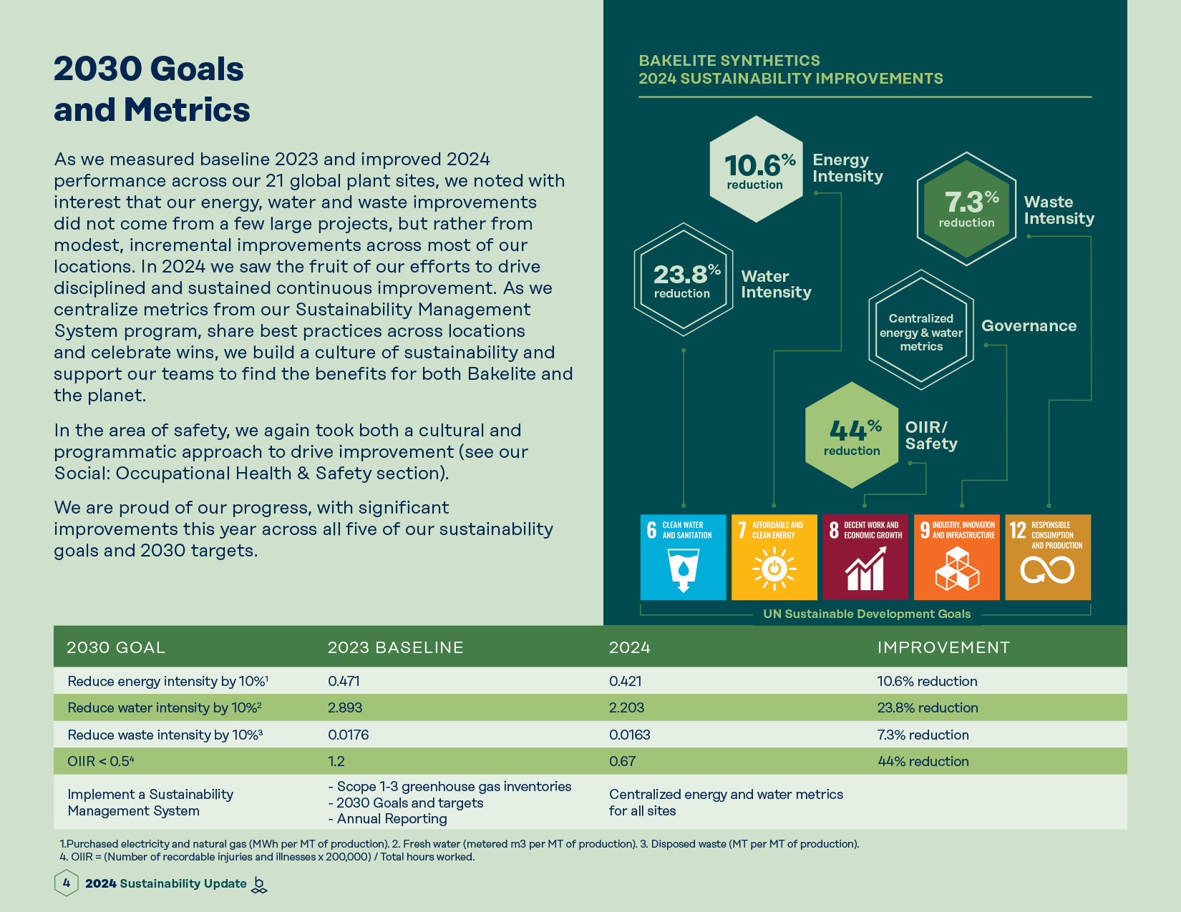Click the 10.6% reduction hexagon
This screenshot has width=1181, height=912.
[x=757, y=170]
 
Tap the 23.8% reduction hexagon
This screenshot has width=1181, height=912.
[x=684, y=280]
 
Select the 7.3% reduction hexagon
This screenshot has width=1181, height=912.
[x=967, y=208]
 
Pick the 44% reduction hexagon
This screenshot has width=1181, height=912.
[x=852, y=435]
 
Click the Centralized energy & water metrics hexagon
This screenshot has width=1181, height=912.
[x=921, y=330]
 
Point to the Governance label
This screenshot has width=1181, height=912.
[x=1029, y=326]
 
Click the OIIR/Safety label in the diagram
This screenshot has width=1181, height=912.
[x=930, y=436]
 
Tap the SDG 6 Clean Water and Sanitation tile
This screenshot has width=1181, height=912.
[x=683, y=557]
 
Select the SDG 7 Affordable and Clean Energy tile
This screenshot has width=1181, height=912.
[x=774, y=557]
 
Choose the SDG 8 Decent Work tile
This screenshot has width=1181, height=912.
[x=865, y=557]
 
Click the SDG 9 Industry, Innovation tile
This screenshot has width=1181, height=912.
[x=957, y=557]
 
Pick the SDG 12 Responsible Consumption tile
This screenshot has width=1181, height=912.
[x=1048, y=557]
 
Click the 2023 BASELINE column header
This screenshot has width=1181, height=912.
[x=395, y=647]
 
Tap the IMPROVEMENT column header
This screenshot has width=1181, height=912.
[x=943, y=647]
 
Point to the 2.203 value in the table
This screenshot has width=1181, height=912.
[x=626, y=707]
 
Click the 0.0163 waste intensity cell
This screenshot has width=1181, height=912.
[x=629, y=735]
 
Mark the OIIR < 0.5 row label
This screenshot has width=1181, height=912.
[x=100, y=761]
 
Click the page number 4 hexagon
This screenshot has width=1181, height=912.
[x=66, y=883]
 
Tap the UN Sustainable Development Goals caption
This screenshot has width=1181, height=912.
[x=867, y=614]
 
